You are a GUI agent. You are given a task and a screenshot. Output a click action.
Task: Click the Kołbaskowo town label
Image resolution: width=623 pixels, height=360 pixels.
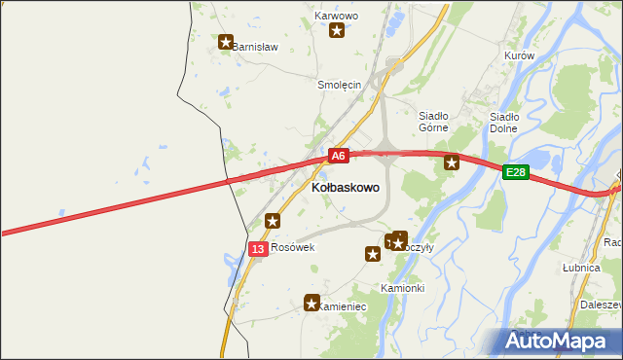point(346,186)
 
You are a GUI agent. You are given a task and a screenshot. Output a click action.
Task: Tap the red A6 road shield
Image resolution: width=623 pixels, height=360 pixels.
point(338,155)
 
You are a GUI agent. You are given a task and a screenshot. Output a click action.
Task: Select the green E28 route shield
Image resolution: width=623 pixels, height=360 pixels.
point(516,172)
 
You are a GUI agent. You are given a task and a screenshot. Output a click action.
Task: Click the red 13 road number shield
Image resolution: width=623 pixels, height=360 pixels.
point(257,249)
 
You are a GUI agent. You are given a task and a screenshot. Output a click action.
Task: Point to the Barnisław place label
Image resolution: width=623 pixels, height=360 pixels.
point(255,46)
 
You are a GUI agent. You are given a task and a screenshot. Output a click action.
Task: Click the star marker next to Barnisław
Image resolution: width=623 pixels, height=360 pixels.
point(226,42)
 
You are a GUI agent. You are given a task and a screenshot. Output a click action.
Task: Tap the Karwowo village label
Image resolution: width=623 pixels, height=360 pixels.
point(337,17)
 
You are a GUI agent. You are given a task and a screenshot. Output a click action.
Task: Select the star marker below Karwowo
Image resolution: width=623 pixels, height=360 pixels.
point(337,30)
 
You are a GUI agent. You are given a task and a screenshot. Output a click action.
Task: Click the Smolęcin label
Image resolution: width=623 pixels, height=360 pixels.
point(340,85)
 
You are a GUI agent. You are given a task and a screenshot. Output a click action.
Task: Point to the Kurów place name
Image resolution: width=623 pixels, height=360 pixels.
point(520,55)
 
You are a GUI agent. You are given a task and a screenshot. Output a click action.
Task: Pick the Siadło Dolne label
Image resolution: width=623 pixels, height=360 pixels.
point(503,122)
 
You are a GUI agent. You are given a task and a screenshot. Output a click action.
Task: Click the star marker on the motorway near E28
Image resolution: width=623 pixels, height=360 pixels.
point(452,162)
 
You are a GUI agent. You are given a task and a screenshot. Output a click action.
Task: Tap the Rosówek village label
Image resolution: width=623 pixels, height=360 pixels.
point(294,247)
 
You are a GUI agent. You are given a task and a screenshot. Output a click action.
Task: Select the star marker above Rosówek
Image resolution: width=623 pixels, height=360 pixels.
point(273,221)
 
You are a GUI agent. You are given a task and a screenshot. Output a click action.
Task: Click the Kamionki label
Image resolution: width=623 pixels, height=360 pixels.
point(402,288)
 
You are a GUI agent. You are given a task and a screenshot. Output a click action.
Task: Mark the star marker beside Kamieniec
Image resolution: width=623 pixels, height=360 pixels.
point(311,303)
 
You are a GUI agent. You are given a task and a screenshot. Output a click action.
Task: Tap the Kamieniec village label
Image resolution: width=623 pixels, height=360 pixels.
point(344,306)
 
